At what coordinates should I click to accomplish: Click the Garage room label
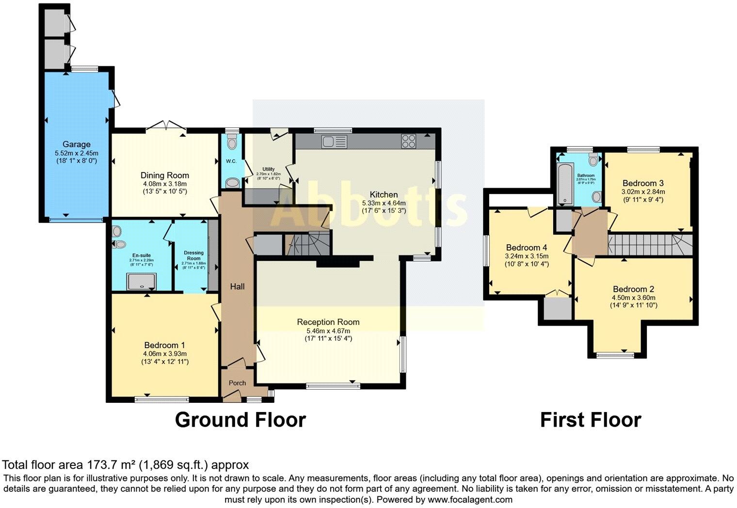coord(76,144)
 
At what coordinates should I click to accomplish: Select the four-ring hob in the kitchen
coord(408,141)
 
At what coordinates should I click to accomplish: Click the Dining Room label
coord(165,175)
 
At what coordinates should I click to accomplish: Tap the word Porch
coord(237,383)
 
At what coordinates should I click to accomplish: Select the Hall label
coord(237,286)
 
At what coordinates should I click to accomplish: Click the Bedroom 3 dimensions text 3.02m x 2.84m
coord(643,191)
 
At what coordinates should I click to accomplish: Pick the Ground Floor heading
coord(240,420)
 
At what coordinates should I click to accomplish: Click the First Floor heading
coord(591,420)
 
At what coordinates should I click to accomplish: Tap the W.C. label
coord(231,161)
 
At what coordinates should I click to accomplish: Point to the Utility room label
coord(268,169)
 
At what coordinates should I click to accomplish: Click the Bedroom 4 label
coord(527,247)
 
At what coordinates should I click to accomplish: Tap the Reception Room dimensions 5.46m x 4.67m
coord(328,331)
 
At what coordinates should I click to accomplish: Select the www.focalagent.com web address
coord(469,499)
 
